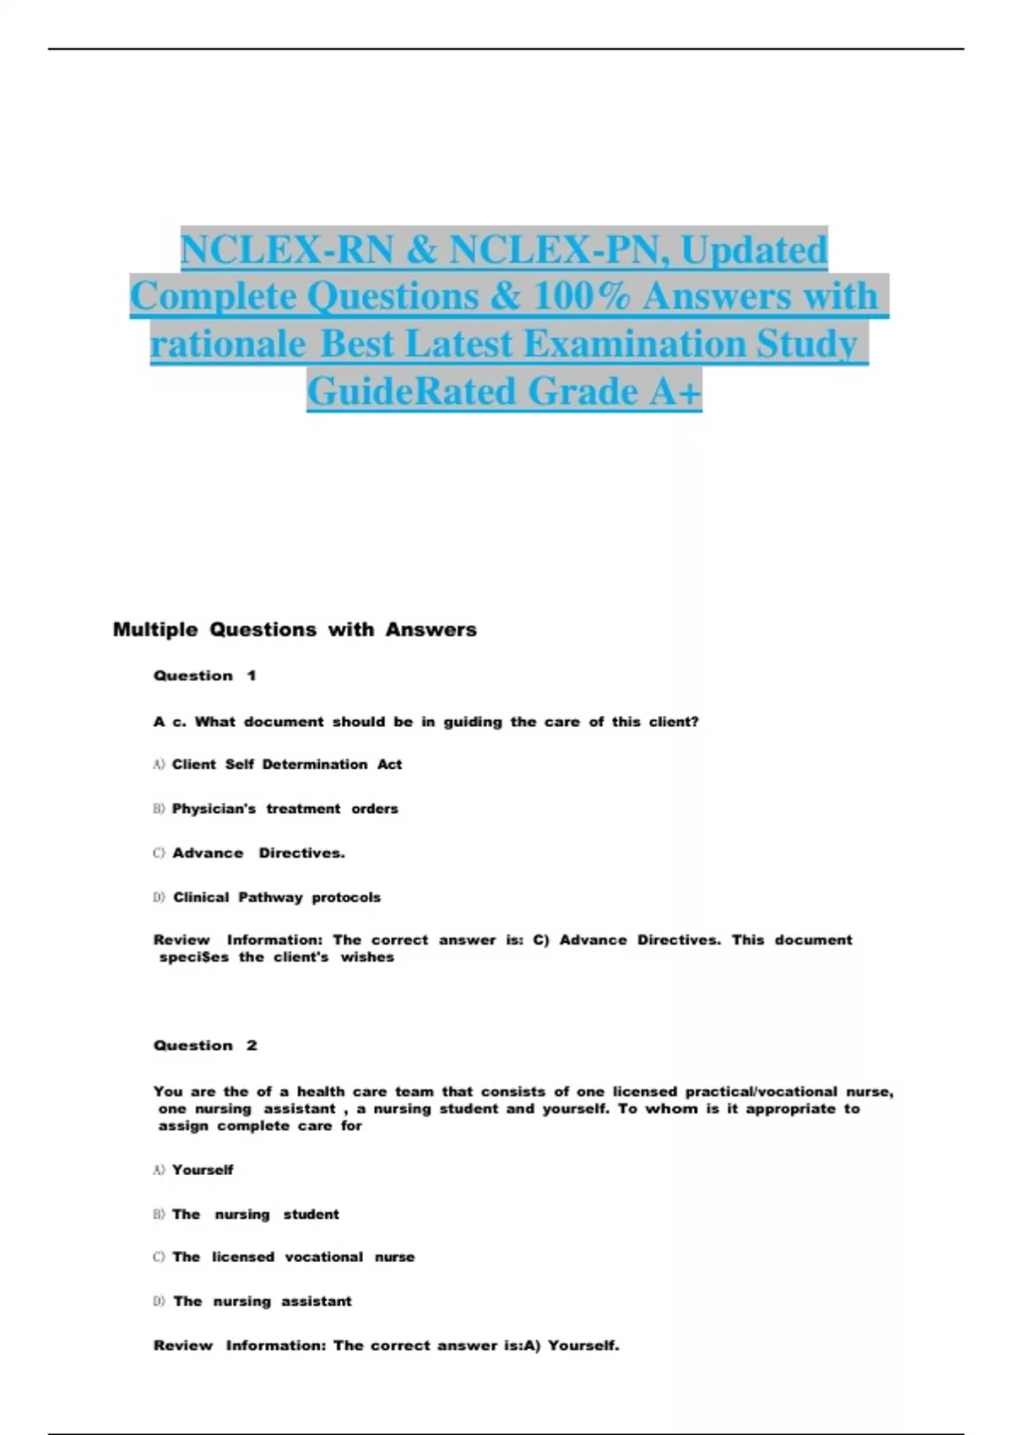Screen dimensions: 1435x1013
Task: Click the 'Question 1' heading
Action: [204, 675]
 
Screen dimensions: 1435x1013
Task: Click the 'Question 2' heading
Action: [204, 1045]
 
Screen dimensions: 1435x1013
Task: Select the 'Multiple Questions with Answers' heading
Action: [295, 630]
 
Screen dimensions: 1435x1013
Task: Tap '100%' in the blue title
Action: [582, 296]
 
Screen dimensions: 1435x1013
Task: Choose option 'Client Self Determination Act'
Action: [286, 764]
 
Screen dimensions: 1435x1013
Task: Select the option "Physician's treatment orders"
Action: [284, 809]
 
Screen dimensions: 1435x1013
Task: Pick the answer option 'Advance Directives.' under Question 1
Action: [258, 853]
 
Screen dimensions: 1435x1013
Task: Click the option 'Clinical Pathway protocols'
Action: [276, 897]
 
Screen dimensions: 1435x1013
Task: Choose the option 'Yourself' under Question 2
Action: [203, 1170]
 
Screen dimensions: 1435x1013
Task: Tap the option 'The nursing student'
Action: [255, 1214]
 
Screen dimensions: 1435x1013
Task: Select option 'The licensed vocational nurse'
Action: [293, 1257]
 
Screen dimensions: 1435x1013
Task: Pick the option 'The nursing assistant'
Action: [262, 1301]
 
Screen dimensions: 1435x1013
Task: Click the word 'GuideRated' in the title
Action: [411, 392]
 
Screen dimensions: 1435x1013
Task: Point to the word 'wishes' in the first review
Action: [367, 957]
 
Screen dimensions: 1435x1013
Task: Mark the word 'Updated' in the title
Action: [754, 250]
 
